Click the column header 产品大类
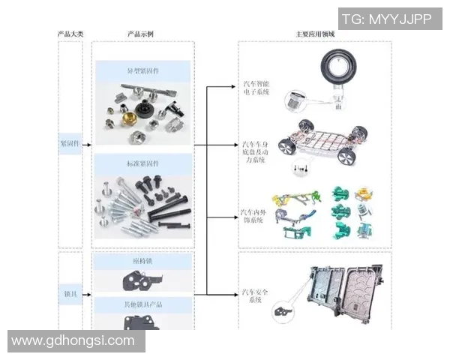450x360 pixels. point(70,34)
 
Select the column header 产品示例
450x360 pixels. point(142,34)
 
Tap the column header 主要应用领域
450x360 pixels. point(315,34)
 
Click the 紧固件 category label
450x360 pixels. point(69,142)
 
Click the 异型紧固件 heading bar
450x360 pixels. point(142,71)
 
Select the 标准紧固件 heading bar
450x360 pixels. point(142,163)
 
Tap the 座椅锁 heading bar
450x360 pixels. point(142,260)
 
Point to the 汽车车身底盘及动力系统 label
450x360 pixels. point(253,151)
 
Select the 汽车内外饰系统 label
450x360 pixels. point(253,218)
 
